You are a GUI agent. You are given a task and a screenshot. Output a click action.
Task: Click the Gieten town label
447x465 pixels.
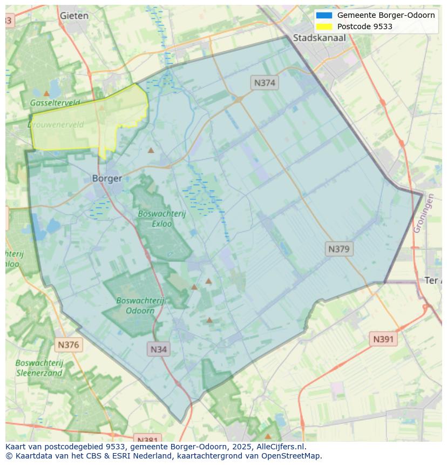[74, 16]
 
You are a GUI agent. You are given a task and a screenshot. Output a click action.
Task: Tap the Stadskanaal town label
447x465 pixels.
[319, 38]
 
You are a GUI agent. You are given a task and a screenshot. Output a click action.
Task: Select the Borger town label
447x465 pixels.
[107, 178]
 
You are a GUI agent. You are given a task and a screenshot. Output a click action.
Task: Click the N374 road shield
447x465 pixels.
[265, 83]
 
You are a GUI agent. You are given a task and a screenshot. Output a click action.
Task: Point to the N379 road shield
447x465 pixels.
[339, 249]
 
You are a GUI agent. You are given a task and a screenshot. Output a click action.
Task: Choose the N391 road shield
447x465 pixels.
[384, 339]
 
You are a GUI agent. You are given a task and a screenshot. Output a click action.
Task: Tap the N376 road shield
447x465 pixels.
[68, 345]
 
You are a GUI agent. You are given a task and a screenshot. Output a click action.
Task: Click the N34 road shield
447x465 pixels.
[158, 349]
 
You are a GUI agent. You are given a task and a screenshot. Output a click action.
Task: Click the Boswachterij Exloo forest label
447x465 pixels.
[161, 218]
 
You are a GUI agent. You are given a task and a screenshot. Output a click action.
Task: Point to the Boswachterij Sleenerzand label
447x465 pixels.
[39, 368]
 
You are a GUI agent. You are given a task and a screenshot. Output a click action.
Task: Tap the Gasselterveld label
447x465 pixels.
[55, 103]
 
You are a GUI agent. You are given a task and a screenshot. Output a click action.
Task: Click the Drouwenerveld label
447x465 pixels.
[56, 125]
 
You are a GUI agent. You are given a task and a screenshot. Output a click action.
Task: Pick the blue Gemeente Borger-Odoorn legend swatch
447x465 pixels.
[324, 15]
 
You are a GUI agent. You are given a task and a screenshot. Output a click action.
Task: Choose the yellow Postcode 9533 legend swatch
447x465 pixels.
[324, 26]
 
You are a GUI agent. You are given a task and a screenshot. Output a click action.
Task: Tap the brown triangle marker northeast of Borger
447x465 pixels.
[151, 150]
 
